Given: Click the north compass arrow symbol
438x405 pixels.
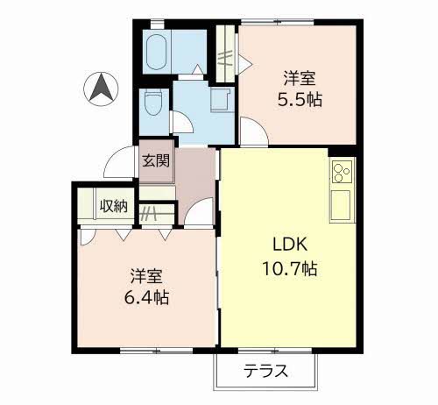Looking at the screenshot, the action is [x=101, y=89].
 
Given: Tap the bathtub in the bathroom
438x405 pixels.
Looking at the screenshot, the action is [x=156, y=52].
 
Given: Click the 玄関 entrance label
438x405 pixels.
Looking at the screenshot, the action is [x=156, y=160].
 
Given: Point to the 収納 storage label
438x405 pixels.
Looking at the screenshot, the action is [x=114, y=206].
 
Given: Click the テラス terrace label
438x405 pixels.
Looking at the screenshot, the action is [x=265, y=371].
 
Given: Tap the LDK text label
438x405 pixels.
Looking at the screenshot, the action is [x=290, y=245].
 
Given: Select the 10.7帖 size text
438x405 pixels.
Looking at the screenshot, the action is [x=290, y=268].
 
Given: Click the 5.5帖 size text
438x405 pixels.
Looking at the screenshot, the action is [x=300, y=100].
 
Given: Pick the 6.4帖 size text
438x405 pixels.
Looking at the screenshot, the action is [x=146, y=298].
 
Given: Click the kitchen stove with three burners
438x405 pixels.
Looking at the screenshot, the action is [x=342, y=172].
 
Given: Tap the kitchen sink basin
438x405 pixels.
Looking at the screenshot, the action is [x=340, y=205].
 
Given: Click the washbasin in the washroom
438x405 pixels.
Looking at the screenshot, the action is [x=220, y=99].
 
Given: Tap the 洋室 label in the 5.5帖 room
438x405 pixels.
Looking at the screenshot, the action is [x=300, y=78].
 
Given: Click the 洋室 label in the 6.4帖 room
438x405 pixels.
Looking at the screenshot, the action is [x=146, y=276].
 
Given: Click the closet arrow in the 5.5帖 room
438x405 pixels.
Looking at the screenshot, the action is [x=245, y=63].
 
